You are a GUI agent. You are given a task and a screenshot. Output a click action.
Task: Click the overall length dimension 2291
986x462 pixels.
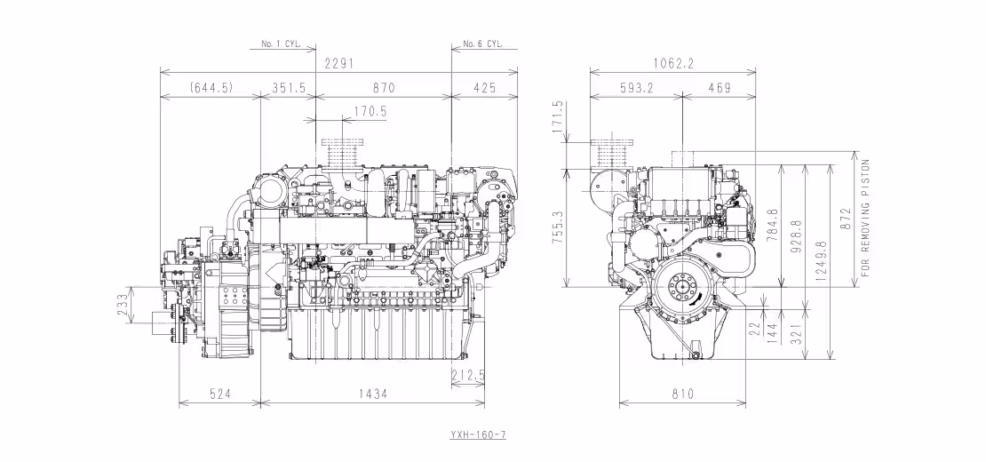(x=338, y=64)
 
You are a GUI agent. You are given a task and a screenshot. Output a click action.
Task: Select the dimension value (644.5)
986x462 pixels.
(x=211, y=87)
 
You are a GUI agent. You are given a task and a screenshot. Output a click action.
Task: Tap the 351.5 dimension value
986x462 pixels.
(x=288, y=87)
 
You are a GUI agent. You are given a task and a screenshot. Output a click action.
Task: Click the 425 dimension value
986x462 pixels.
(x=485, y=87)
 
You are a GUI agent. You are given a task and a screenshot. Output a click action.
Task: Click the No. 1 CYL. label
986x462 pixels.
(x=282, y=43)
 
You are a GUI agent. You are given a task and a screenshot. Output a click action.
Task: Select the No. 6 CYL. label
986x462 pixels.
(x=484, y=43)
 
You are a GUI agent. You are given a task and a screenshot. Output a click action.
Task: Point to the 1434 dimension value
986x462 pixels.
(x=373, y=393)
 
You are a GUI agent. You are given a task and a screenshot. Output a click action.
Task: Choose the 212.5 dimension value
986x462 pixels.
(x=469, y=376)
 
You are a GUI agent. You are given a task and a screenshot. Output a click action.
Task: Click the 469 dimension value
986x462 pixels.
(x=720, y=87)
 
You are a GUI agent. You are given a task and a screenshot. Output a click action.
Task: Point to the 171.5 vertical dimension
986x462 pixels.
(x=559, y=117)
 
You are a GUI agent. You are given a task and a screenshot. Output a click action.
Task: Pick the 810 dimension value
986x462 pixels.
(x=682, y=393)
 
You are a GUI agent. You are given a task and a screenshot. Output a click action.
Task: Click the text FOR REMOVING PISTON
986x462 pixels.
(x=866, y=219)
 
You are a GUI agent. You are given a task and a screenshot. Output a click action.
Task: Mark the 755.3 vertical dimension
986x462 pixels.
(x=559, y=227)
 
